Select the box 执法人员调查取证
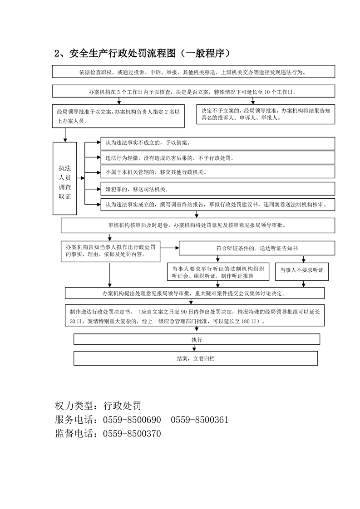[65, 178]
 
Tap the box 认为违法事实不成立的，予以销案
[217, 143]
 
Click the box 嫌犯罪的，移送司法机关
[217, 188]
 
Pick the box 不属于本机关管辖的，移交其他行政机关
[217, 173]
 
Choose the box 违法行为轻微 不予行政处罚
[217, 158]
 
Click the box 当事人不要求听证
[301, 270]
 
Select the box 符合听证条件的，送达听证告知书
[257, 248]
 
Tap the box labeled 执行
[197, 339]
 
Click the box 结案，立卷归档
[196, 358]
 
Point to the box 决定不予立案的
[266, 114]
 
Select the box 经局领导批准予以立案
[118, 116]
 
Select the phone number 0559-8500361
[199, 420]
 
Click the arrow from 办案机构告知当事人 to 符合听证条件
[170, 248]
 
